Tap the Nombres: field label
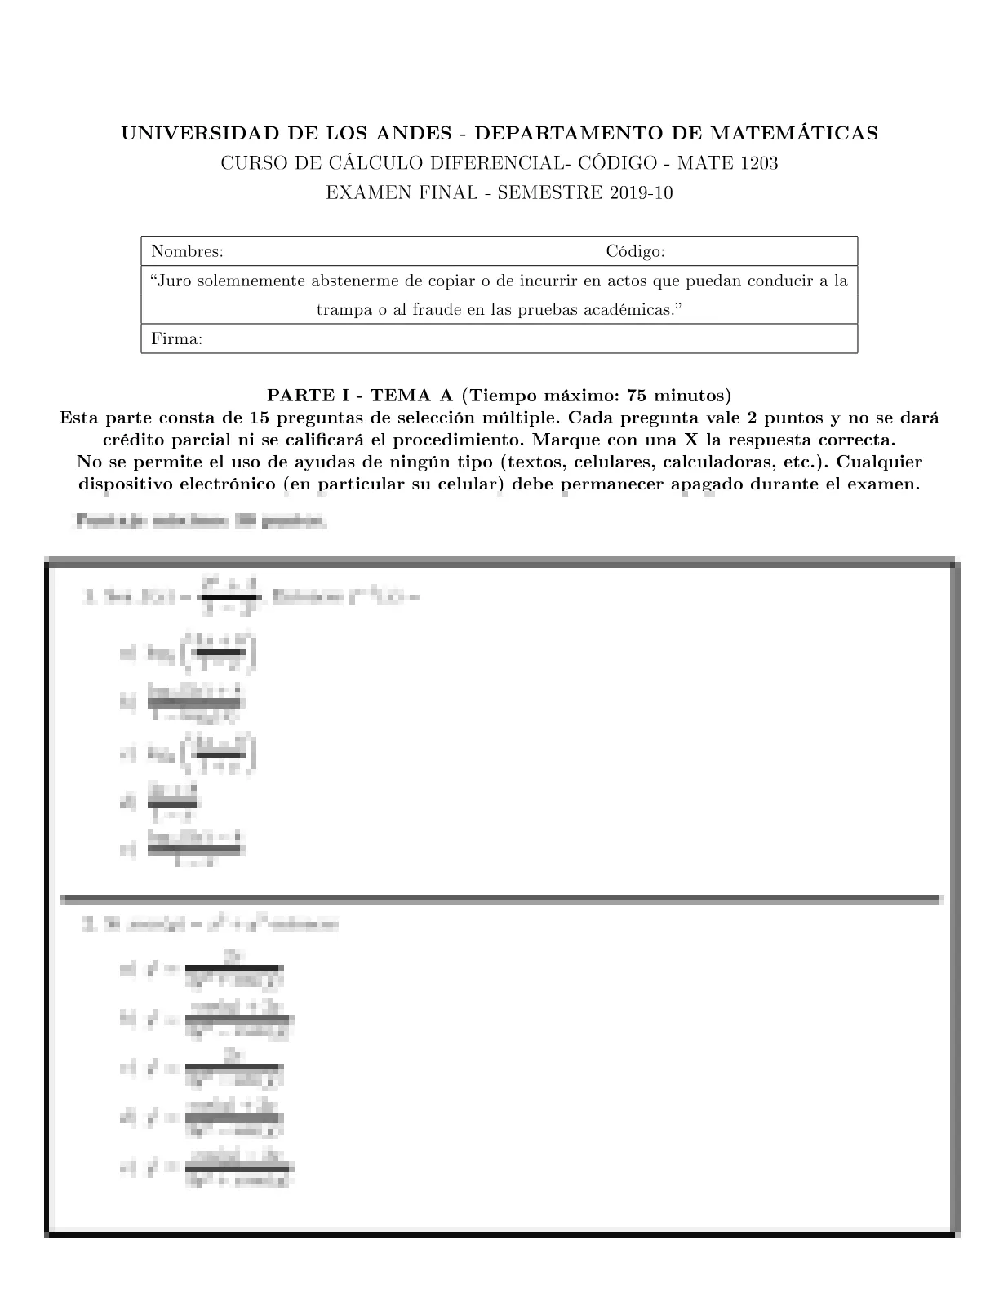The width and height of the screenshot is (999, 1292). coord(187,252)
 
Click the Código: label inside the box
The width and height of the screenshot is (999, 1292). coord(635,252)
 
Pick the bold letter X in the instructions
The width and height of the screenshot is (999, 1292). coord(689,440)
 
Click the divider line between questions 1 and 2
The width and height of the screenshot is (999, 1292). coord(499,900)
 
